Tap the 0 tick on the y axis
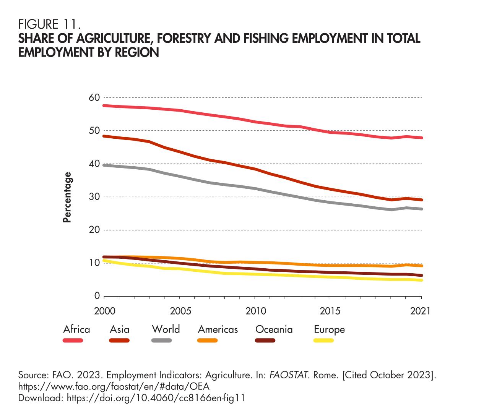[97, 296]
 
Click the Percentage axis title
[67, 197]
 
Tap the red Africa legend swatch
[73, 340]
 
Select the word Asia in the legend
[119, 329]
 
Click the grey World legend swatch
[162, 340]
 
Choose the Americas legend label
[218, 329]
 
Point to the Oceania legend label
[274, 329]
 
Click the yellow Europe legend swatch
[323, 340]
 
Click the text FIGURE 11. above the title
[49, 25]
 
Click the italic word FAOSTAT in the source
[289, 375]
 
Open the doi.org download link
[156, 398]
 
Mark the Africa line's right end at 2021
[421, 138]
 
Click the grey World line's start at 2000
[104, 165]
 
